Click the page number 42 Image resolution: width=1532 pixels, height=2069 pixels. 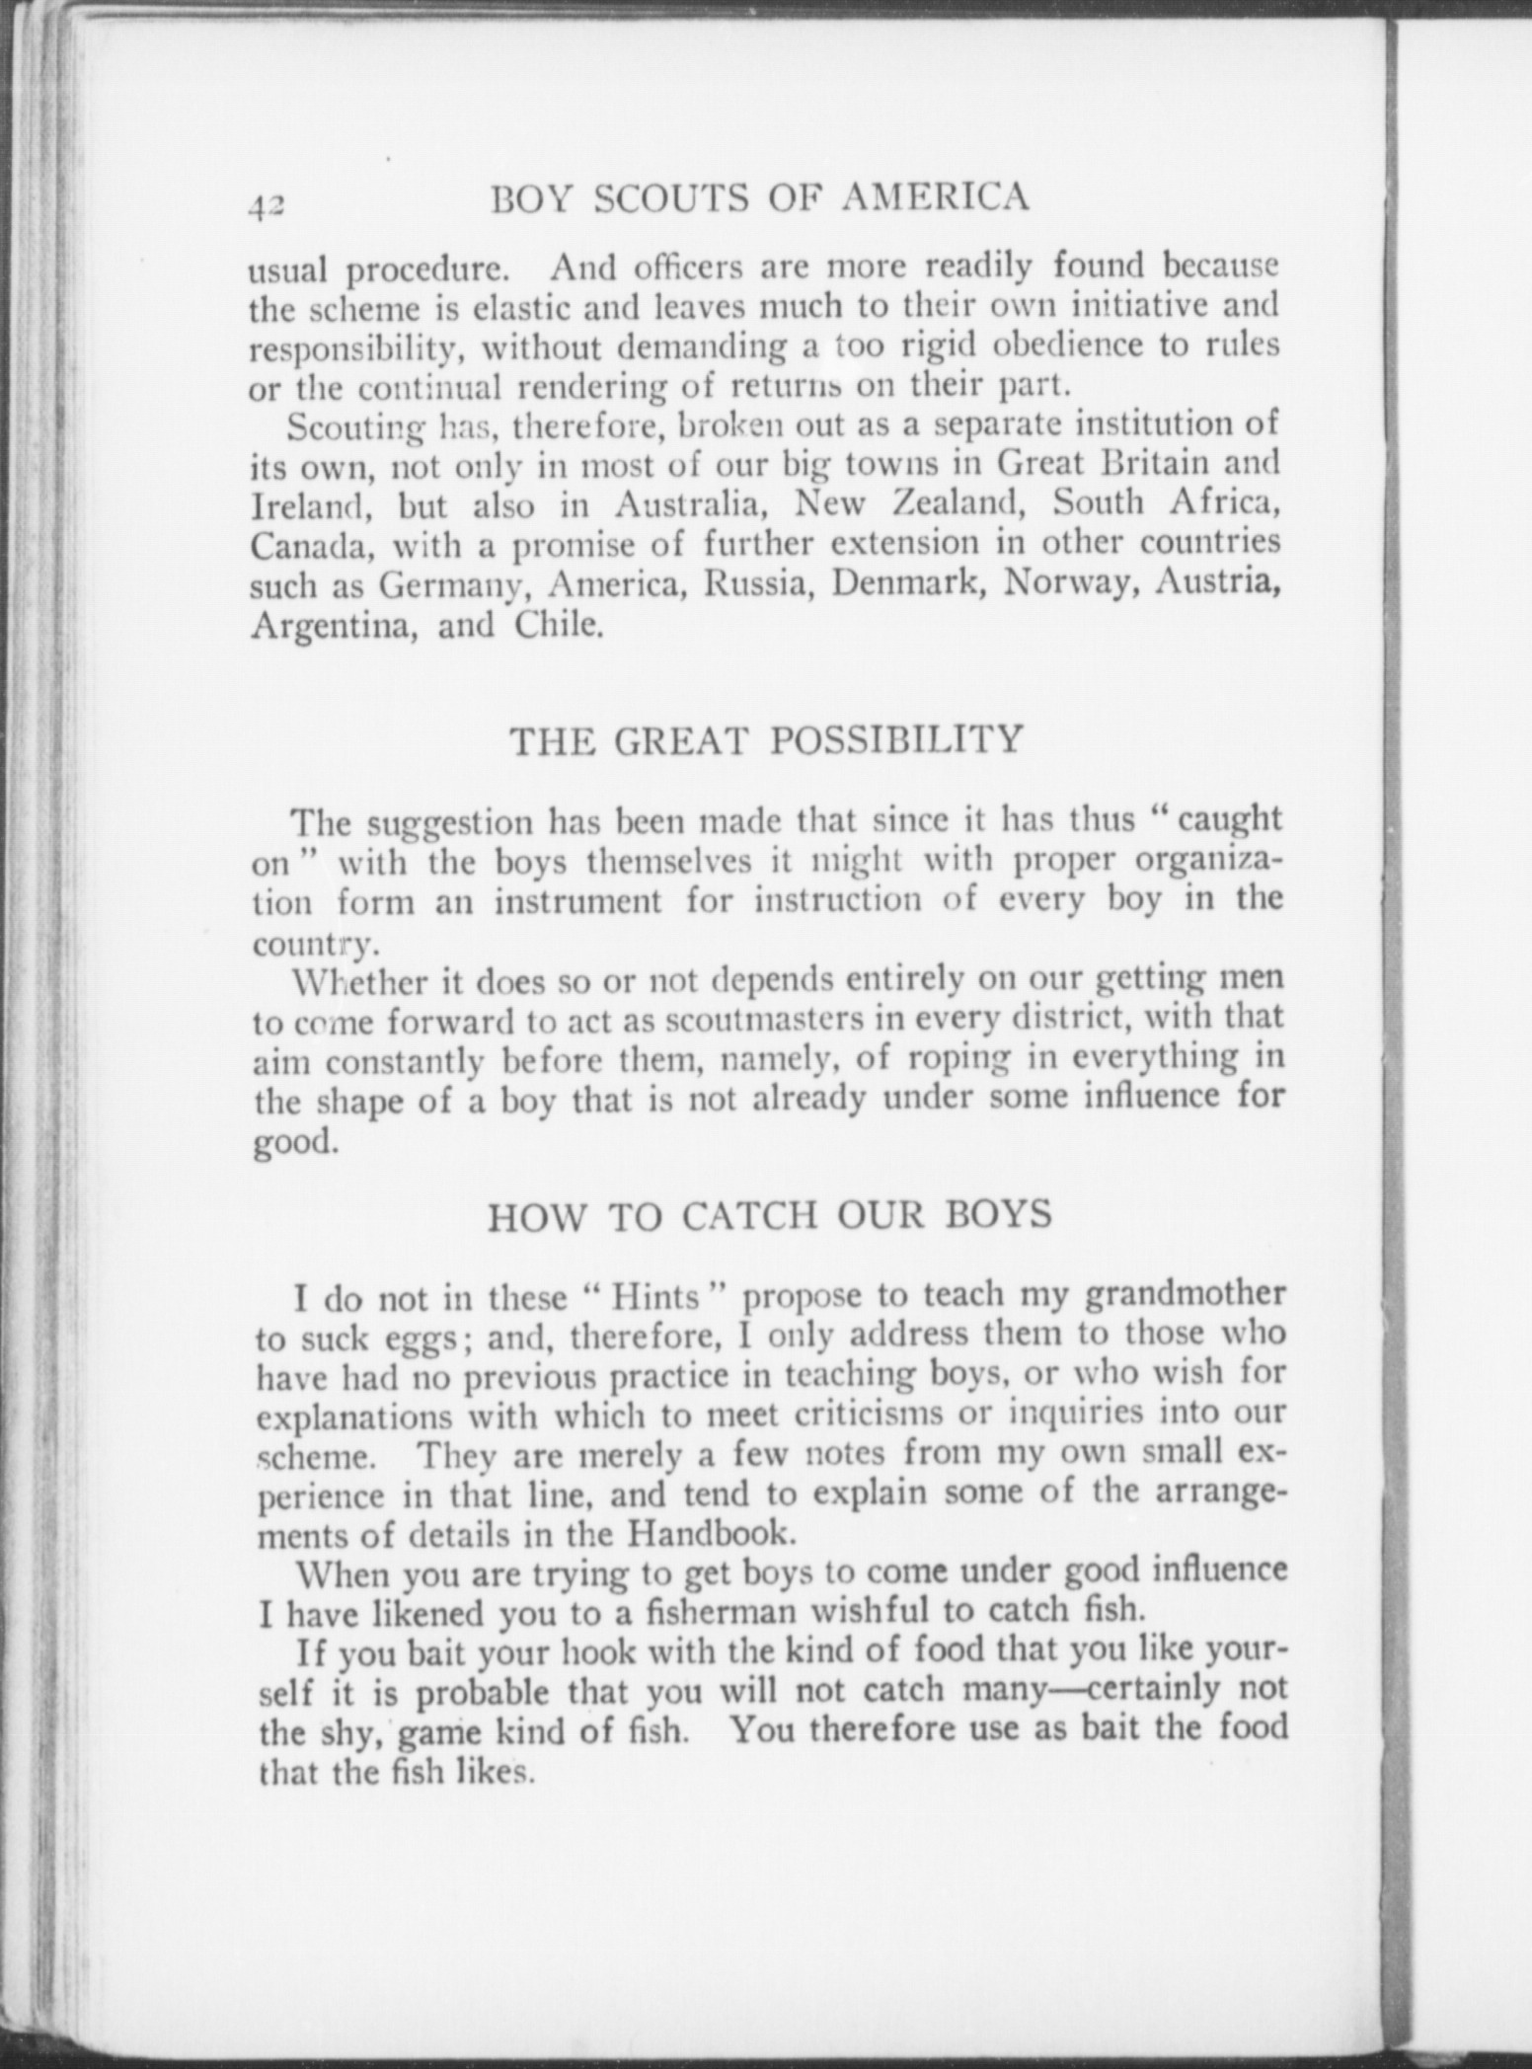(266, 205)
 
